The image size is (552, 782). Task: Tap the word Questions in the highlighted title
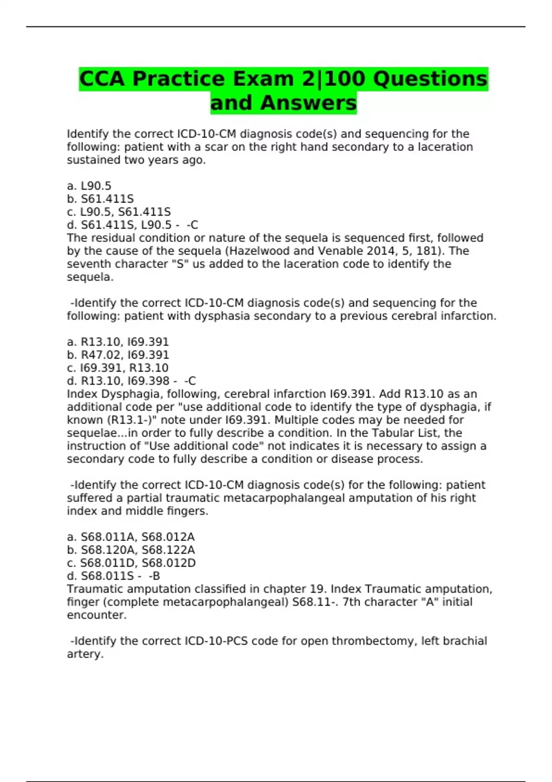click(430, 79)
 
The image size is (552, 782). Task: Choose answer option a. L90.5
click(89, 186)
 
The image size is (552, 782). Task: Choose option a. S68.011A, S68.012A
click(131, 537)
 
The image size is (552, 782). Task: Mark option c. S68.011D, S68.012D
click(131, 563)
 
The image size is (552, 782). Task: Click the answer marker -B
click(154, 576)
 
